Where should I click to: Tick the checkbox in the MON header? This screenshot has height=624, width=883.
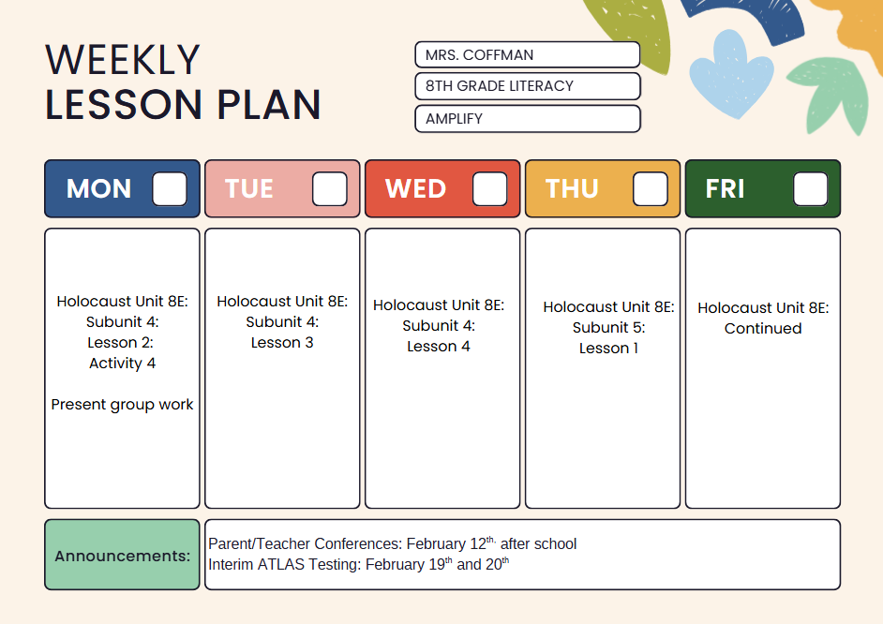click(170, 189)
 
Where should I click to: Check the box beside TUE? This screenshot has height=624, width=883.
click(330, 189)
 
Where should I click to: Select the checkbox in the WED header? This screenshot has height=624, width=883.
click(490, 189)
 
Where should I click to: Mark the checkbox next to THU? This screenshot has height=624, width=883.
click(651, 189)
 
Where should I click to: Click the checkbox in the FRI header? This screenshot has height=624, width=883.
click(811, 189)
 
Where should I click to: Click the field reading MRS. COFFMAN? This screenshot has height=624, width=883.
click(527, 55)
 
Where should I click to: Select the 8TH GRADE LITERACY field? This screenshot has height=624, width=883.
click(527, 86)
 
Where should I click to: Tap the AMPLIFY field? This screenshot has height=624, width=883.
click(527, 119)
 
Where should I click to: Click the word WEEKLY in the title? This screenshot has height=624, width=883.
click(123, 60)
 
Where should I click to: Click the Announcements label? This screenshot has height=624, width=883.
click(122, 556)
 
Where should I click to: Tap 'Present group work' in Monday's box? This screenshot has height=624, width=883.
click(122, 405)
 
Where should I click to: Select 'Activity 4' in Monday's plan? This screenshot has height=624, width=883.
click(122, 364)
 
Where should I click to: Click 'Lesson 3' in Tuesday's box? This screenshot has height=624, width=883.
click(282, 343)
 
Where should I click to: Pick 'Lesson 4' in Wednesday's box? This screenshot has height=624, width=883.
click(439, 347)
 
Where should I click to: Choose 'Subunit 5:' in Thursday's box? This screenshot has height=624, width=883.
click(608, 328)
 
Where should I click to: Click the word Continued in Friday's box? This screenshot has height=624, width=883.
click(763, 329)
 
